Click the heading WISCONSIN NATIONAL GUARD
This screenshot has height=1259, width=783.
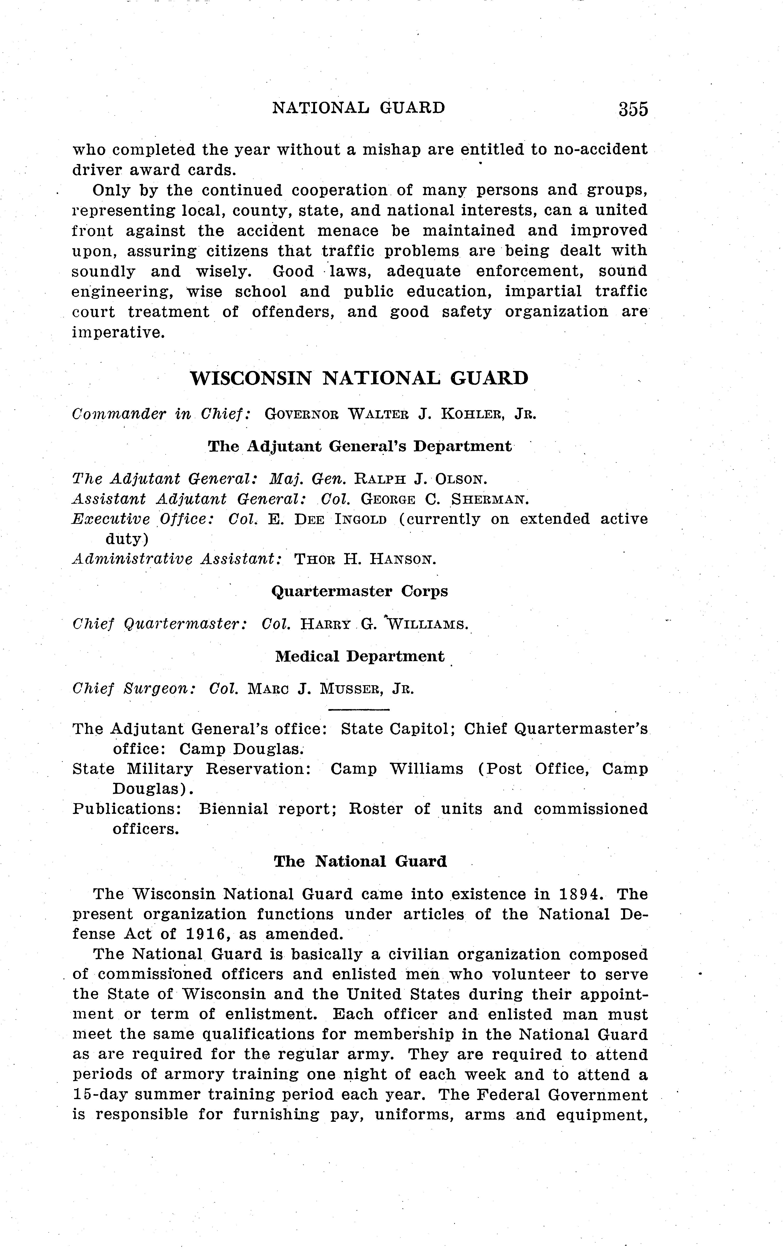359,378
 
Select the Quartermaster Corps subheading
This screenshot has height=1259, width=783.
359,591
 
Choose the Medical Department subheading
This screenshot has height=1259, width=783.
359,657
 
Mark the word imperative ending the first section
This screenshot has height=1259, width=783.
118,333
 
